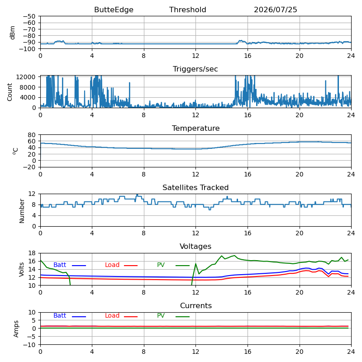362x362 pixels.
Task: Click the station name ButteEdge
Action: coord(114,10)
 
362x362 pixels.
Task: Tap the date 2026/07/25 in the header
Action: coord(276,10)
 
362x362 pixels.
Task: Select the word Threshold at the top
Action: coord(187,10)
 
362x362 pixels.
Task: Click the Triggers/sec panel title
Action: coord(195,69)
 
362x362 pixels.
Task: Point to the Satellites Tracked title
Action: coord(195,187)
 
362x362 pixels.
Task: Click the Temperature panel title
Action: coord(195,129)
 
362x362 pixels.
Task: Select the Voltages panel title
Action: coord(195,247)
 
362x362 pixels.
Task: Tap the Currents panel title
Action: coord(196,306)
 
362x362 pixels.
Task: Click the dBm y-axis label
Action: coord(12,33)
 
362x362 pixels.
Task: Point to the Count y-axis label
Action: coord(10,92)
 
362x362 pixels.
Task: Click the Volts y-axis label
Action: coord(21,269)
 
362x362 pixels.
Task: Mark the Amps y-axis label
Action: coord(16,329)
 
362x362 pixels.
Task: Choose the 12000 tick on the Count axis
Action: coord(26,77)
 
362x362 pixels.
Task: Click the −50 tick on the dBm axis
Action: coord(29,16)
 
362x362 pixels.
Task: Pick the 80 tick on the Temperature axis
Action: coord(32,135)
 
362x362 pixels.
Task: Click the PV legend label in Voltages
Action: coord(161,265)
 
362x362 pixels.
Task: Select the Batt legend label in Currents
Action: coord(60,315)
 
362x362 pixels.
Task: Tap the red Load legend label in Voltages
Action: coord(112,265)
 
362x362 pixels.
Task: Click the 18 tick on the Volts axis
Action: coord(32,253)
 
